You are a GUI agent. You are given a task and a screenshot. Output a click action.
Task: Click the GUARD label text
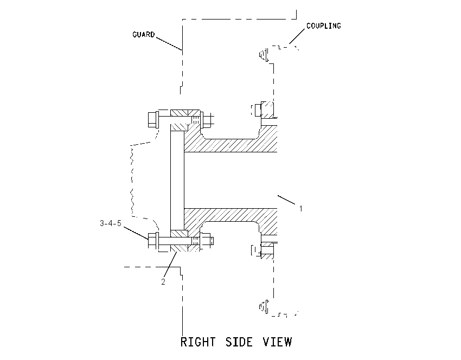tap(144, 35)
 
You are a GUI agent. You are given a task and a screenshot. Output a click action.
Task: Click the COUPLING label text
tap(324, 26)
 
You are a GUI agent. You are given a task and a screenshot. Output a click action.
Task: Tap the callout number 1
tap(301, 208)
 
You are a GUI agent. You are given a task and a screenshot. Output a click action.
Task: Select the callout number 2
tap(163, 281)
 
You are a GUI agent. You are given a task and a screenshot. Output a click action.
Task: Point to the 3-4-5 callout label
tap(111, 223)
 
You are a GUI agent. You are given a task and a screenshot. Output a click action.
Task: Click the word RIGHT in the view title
tap(198, 342)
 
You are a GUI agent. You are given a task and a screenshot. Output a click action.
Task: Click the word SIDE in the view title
tap(239, 342)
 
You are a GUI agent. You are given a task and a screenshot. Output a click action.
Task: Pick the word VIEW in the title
tap(277, 342)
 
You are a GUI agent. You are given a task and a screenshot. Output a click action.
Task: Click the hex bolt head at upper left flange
tap(153, 120)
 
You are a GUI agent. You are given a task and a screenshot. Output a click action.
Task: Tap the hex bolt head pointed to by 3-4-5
tap(153, 241)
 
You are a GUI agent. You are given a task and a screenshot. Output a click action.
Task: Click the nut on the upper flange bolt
tap(207, 120)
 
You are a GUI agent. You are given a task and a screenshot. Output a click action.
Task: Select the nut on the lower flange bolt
tap(207, 241)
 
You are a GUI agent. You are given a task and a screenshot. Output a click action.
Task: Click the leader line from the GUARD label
tap(169, 44)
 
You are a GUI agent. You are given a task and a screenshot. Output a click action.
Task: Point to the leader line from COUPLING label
tap(297, 36)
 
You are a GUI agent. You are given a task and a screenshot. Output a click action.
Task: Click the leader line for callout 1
tap(286, 200)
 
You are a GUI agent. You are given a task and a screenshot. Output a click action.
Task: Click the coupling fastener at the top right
tap(264, 55)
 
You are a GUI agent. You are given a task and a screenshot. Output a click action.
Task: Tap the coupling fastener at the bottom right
tap(264, 307)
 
